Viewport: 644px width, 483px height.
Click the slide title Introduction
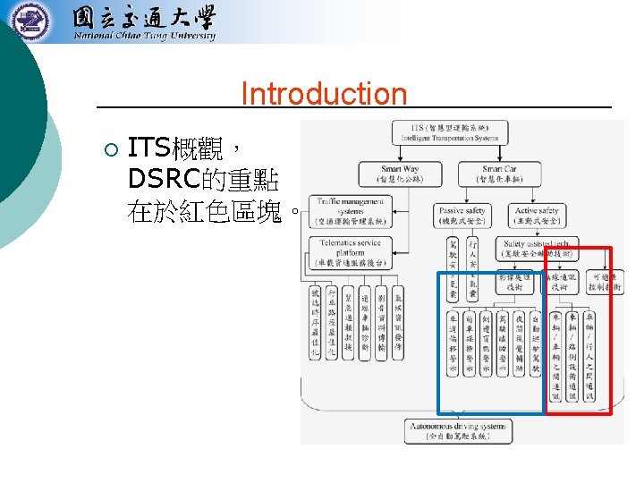coord(324,94)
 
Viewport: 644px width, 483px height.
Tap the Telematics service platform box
coord(350,252)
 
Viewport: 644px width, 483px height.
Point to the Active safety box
coord(537,216)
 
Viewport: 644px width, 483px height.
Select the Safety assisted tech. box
coord(537,248)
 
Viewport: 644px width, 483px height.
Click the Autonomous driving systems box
coord(458,431)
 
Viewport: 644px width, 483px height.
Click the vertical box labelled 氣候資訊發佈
coord(398,318)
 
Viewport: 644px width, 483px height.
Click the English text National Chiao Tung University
coord(144,37)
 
